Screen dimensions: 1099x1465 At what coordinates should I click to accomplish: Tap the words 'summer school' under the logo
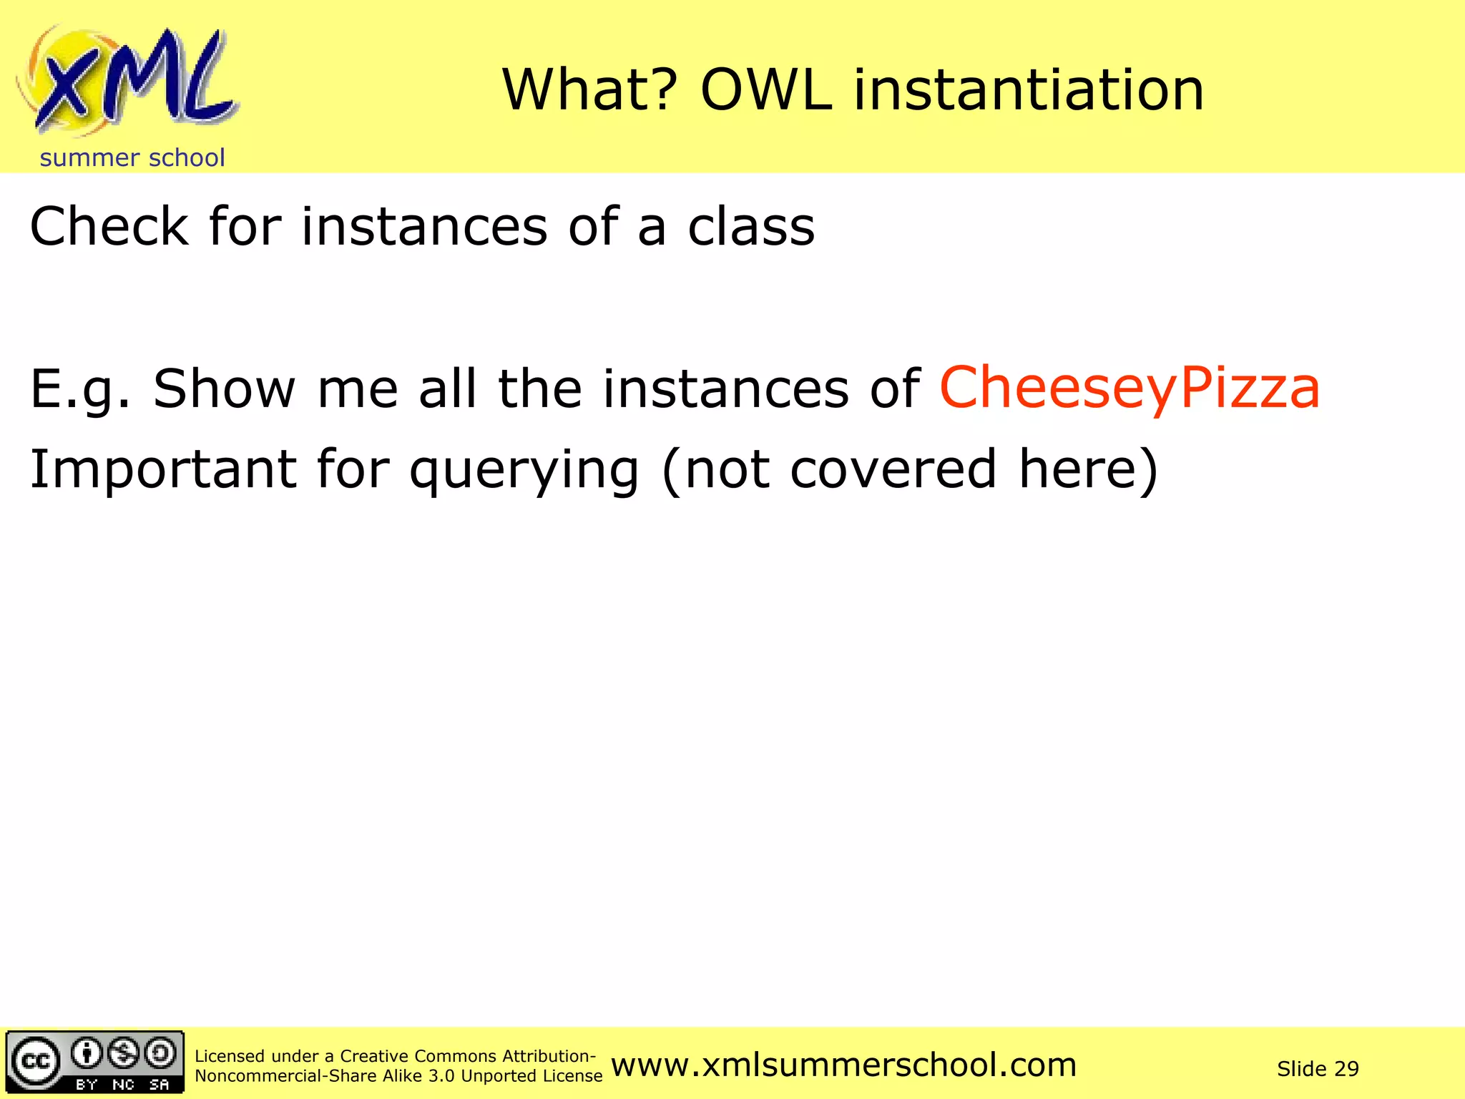point(132,158)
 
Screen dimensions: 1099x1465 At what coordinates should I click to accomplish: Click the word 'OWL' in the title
point(766,90)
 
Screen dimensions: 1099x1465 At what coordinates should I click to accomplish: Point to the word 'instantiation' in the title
point(1029,90)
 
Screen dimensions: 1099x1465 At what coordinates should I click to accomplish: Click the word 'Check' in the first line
point(109,227)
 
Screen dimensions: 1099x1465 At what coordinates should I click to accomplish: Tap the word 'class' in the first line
point(750,227)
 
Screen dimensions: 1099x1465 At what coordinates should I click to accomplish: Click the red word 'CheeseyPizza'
point(1129,388)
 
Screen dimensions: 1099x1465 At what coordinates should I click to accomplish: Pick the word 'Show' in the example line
point(225,389)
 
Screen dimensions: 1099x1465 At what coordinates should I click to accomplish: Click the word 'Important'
point(163,470)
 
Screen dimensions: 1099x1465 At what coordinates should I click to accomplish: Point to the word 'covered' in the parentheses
point(893,470)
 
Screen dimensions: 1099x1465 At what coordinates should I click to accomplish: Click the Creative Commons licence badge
point(95,1062)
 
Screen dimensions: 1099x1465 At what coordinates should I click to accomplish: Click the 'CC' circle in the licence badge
point(36,1060)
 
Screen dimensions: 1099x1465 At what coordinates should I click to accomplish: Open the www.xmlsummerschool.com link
point(844,1065)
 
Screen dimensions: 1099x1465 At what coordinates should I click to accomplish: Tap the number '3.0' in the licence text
point(441,1076)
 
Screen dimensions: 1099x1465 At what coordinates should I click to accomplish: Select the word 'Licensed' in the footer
point(229,1056)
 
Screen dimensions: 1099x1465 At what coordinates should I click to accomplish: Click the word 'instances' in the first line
point(424,227)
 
